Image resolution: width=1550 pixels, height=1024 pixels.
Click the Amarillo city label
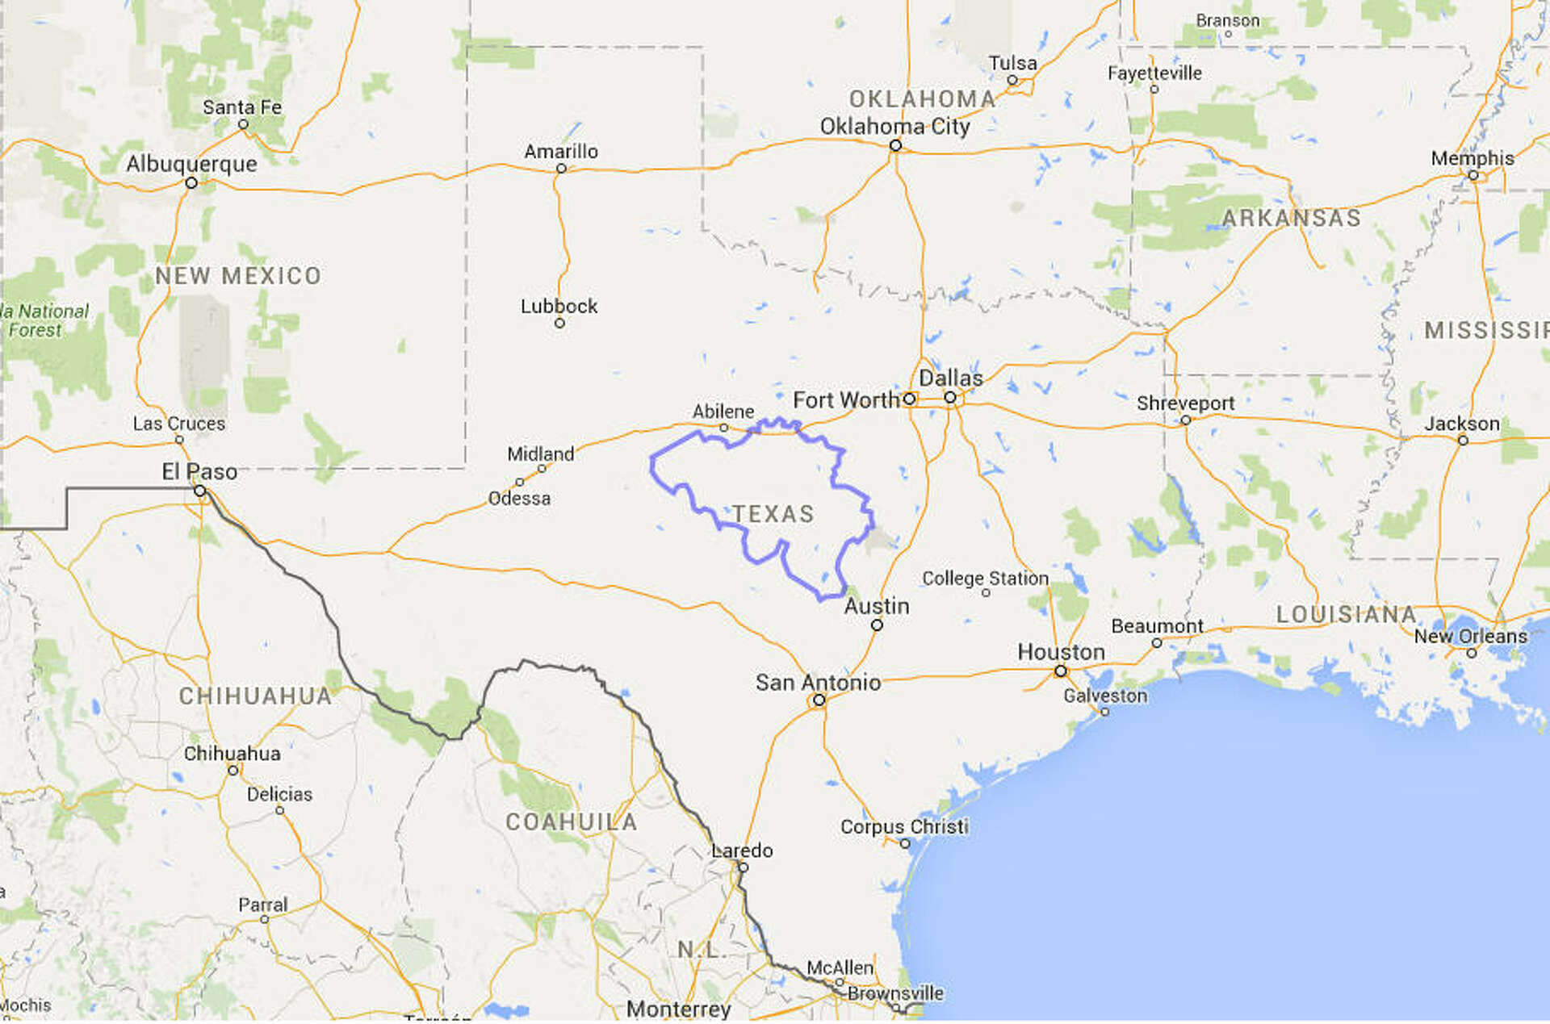(561, 152)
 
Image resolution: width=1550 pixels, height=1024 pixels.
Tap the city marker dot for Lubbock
(559, 324)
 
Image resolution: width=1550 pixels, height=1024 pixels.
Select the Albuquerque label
(191, 164)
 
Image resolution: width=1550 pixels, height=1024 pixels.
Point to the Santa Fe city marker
(243, 124)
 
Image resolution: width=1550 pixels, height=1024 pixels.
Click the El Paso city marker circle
(199, 491)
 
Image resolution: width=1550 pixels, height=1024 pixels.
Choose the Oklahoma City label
(894, 127)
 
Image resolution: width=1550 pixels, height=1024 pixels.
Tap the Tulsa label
(1012, 63)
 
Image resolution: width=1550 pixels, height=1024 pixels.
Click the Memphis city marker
(1473, 175)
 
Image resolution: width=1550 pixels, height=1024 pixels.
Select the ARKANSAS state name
(1291, 218)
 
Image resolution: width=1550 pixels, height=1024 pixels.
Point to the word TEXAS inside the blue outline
(773, 514)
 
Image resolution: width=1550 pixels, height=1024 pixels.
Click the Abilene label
(723, 412)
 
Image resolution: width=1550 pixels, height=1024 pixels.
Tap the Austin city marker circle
(877, 625)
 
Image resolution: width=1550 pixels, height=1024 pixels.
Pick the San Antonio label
(818, 683)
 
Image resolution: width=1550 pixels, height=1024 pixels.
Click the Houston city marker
(1061, 671)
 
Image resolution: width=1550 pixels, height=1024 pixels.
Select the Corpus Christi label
(904, 826)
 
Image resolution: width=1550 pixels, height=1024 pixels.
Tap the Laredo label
(742, 851)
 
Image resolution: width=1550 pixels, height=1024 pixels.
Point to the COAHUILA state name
(572, 822)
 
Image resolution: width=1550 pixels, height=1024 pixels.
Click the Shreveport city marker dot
(1186, 420)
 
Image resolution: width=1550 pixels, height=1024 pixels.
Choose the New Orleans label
(1470, 637)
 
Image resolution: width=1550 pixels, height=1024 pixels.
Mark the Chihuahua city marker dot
(232, 771)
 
